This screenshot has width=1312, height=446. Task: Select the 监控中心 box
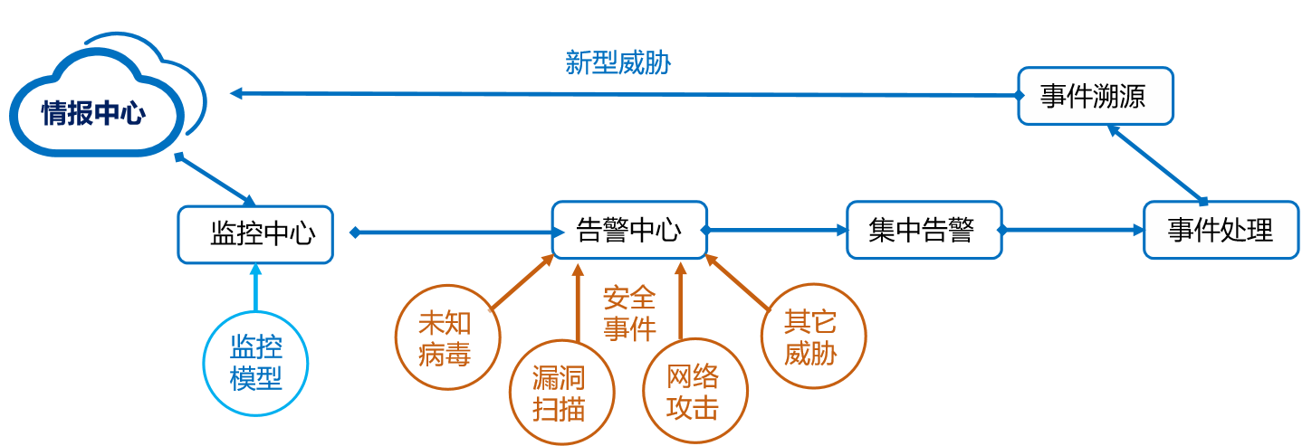pyautogui.click(x=255, y=234)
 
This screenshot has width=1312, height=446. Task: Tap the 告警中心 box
pyautogui.click(x=629, y=231)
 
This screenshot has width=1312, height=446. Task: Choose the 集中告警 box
pyautogui.click(x=924, y=231)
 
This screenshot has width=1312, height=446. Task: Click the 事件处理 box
pyautogui.click(x=1221, y=231)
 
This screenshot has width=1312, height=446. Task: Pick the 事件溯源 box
pyautogui.click(x=1095, y=96)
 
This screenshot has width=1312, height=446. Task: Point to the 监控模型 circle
pyautogui.click(x=256, y=364)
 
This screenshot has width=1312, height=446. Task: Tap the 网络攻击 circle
pyautogui.click(x=694, y=392)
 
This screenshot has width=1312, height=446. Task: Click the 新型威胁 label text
pyautogui.click(x=618, y=63)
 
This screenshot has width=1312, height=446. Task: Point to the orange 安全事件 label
pyautogui.click(x=629, y=313)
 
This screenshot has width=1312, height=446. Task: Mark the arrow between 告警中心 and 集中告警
pyautogui.click(x=777, y=232)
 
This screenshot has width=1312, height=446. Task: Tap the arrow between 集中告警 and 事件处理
pyautogui.click(x=1073, y=232)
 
